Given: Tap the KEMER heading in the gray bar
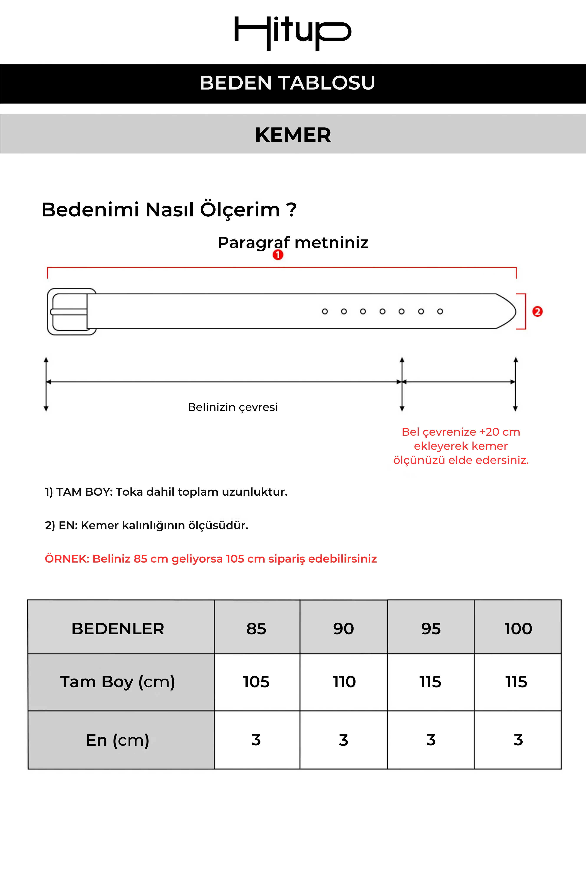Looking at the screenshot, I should point(293,135).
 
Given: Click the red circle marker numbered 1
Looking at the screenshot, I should point(278,255).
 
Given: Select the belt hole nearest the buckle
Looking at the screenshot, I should point(325,311).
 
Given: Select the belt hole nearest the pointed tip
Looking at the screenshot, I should point(440,311).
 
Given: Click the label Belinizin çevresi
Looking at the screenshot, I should point(232,407).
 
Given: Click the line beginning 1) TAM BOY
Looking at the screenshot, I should point(166,492).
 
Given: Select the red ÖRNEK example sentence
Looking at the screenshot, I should point(210,559).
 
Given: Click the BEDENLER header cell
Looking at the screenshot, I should point(118,629).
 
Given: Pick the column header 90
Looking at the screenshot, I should point(343,629).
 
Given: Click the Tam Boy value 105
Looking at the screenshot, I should point(256,682).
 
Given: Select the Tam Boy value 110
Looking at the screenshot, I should point(344,682).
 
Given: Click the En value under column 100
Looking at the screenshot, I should point(518,740).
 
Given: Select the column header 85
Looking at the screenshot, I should point(256,629).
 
